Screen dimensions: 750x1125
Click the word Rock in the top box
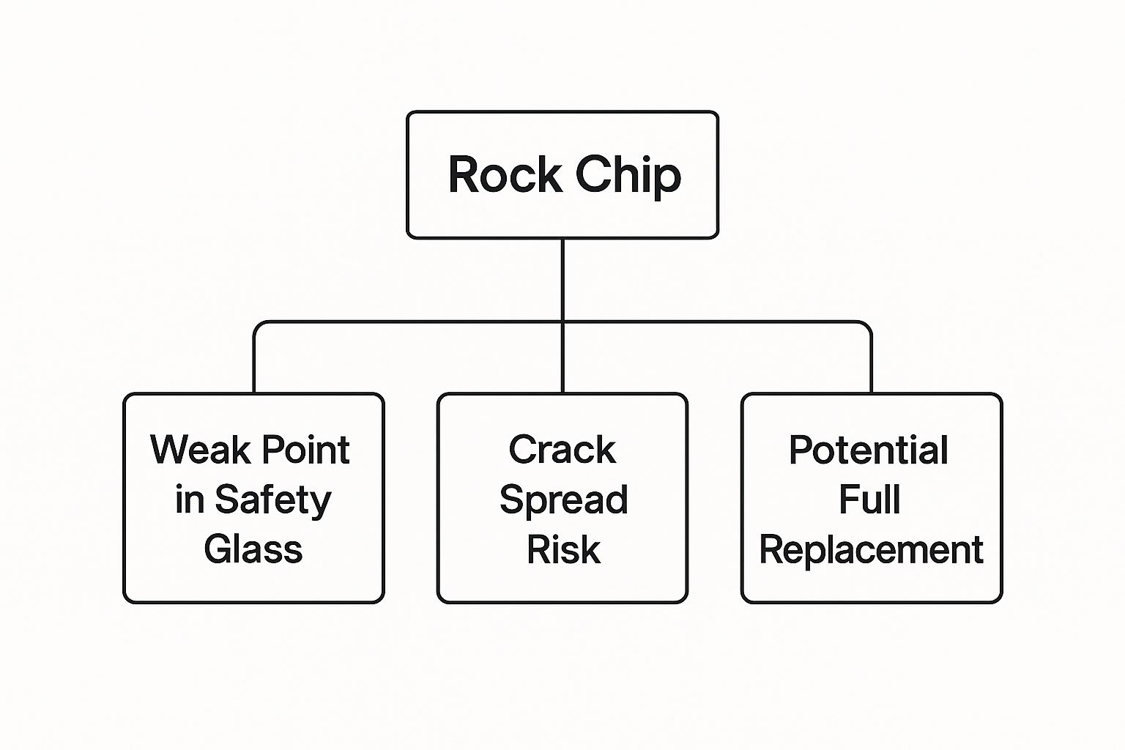[x=505, y=175]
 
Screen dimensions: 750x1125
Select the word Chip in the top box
[x=628, y=177]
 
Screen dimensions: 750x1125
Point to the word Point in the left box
[x=305, y=450]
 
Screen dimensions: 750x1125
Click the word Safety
[x=272, y=501]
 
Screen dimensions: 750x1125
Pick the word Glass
[x=253, y=549]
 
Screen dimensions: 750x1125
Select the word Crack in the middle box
[x=562, y=450]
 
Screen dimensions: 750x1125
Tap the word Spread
[x=563, y=501]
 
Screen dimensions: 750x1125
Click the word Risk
[x=563, y=549]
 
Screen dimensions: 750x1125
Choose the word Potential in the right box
[x=869, y=450]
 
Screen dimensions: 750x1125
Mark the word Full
[x=869, y=500]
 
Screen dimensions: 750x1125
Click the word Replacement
[x=871, y=550]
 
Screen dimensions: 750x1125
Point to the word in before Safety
[x=190, y=500]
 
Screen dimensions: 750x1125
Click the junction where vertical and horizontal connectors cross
[x=562, y=322]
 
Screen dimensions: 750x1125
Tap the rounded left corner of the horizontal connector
[x=257, y=324]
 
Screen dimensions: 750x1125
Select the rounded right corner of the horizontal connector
[x=868, y=324]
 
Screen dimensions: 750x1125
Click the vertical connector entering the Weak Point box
[x=254, y=363]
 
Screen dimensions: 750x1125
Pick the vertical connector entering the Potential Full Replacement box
[x=871, y=363]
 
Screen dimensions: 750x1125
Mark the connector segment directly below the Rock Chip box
[x=562, y=278]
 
